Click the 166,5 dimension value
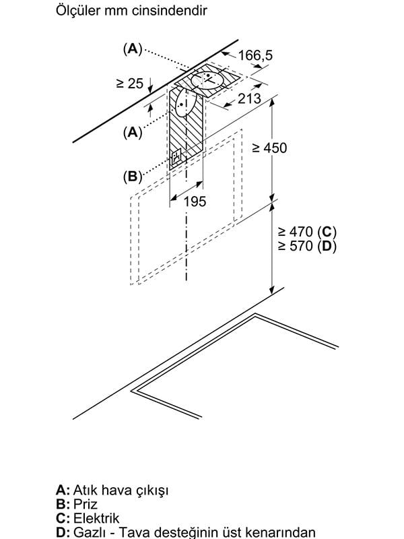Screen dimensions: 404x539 255,55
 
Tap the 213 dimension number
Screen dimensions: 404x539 249,98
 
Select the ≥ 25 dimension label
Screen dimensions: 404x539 129,83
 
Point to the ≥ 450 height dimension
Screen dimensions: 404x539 269,148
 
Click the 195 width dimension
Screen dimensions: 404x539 195,201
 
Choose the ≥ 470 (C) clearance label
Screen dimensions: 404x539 307,232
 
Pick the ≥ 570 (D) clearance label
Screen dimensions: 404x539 307,246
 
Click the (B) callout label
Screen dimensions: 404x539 133,177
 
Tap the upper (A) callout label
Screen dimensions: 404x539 133,49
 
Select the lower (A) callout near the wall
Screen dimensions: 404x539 133,132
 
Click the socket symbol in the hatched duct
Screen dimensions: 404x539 176,157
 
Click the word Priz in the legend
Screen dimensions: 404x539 86,504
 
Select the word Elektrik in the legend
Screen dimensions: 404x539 96,518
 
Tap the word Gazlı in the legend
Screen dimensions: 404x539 92,532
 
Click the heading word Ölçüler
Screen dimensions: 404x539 78,10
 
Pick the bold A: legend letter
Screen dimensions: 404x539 63,490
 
